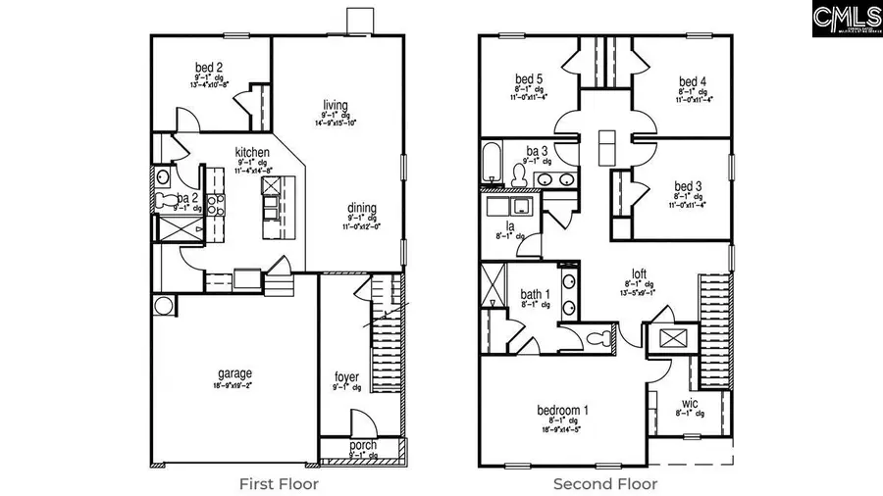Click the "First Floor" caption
coord(279,483)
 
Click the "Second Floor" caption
coord(605,483)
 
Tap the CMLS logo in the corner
coord(846,21)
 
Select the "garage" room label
coord(234,373)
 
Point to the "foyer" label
coord(346,377)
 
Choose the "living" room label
coord(337,105)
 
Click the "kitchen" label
coord(252,153)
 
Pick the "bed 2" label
coord(208,68)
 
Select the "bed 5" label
coord(529,79)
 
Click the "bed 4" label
coord(692,81)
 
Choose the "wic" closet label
coord(690,403)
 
